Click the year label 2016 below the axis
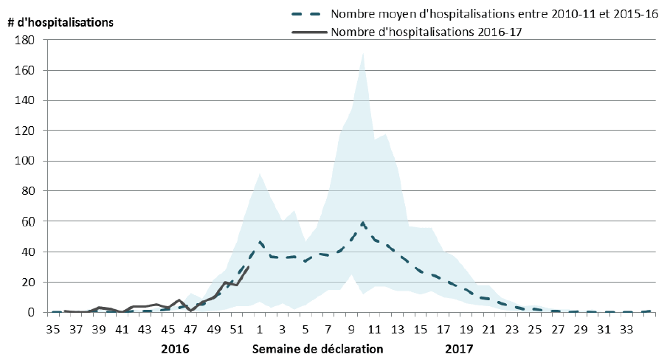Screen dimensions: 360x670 176,347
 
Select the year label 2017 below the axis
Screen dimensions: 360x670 459,347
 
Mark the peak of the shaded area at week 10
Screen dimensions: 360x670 363,53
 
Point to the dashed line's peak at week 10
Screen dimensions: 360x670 363,222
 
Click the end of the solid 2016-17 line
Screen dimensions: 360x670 249,267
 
